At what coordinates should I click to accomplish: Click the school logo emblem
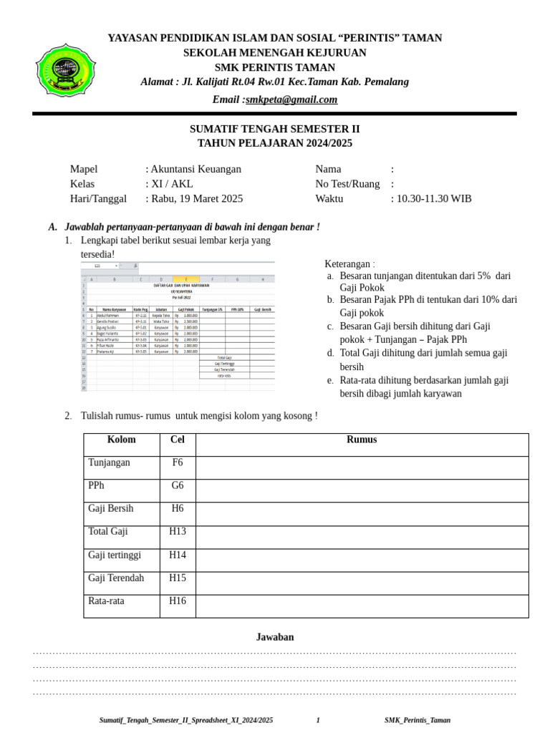(64, 69)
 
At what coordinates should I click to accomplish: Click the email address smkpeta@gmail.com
(291, 99)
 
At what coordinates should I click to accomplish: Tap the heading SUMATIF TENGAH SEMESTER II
(274, 129)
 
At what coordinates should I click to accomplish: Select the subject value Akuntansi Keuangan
(196, 169)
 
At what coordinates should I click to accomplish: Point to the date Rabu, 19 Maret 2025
(196, 198)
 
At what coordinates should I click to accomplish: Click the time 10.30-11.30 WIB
(434, 198)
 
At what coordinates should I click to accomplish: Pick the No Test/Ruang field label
(347, 184)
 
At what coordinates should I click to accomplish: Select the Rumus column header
(362, 440)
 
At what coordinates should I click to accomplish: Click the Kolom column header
(121, 440)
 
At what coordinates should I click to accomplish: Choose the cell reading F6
(178, 462)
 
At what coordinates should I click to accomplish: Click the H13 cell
(178, 531)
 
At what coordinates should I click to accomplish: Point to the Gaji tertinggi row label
(115, 555)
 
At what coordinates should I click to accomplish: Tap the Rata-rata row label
(106, 601)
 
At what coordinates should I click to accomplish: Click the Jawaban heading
(275, 637)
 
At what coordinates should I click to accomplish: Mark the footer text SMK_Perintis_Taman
(418, 720)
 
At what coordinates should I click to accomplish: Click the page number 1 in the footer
(318, 720)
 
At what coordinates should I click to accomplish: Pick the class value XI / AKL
(171, 184)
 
